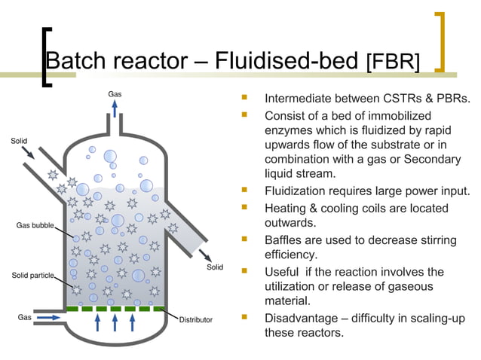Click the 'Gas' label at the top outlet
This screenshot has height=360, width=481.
pos(115,94)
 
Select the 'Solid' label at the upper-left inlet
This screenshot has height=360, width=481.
pos(20,141)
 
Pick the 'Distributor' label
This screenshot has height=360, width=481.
pos(195,319)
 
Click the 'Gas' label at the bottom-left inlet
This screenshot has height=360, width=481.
pos(24,317)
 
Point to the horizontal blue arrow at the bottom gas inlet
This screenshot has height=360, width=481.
pos(48,318)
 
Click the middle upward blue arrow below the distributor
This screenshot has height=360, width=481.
pos(115,322)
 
